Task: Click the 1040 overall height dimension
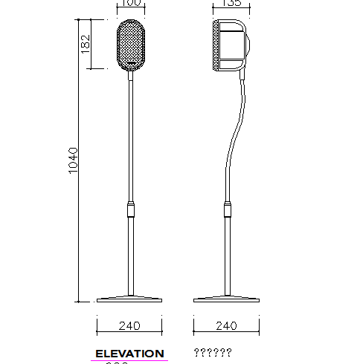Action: [73, 160]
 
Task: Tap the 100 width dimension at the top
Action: [131, 4]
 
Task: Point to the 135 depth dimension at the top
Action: [233, 4]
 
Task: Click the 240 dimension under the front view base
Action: [130, 325]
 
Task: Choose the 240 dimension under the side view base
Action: [225, 325]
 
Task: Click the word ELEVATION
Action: [129, 354]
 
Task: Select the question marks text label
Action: [213, 354]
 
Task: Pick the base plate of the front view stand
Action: [130, 299]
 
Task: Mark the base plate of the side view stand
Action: [226, 299]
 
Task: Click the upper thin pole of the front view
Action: [131, 134]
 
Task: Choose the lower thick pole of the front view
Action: [131, 256]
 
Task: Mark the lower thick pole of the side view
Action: [227, 256]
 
